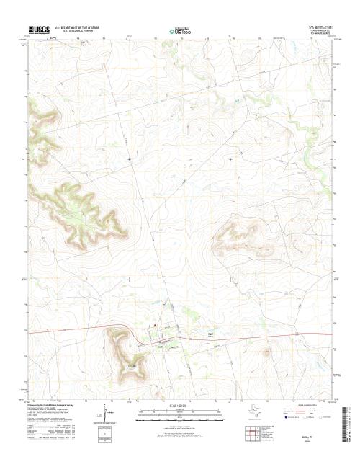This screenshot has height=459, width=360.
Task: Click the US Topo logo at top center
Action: pos(179,31)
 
